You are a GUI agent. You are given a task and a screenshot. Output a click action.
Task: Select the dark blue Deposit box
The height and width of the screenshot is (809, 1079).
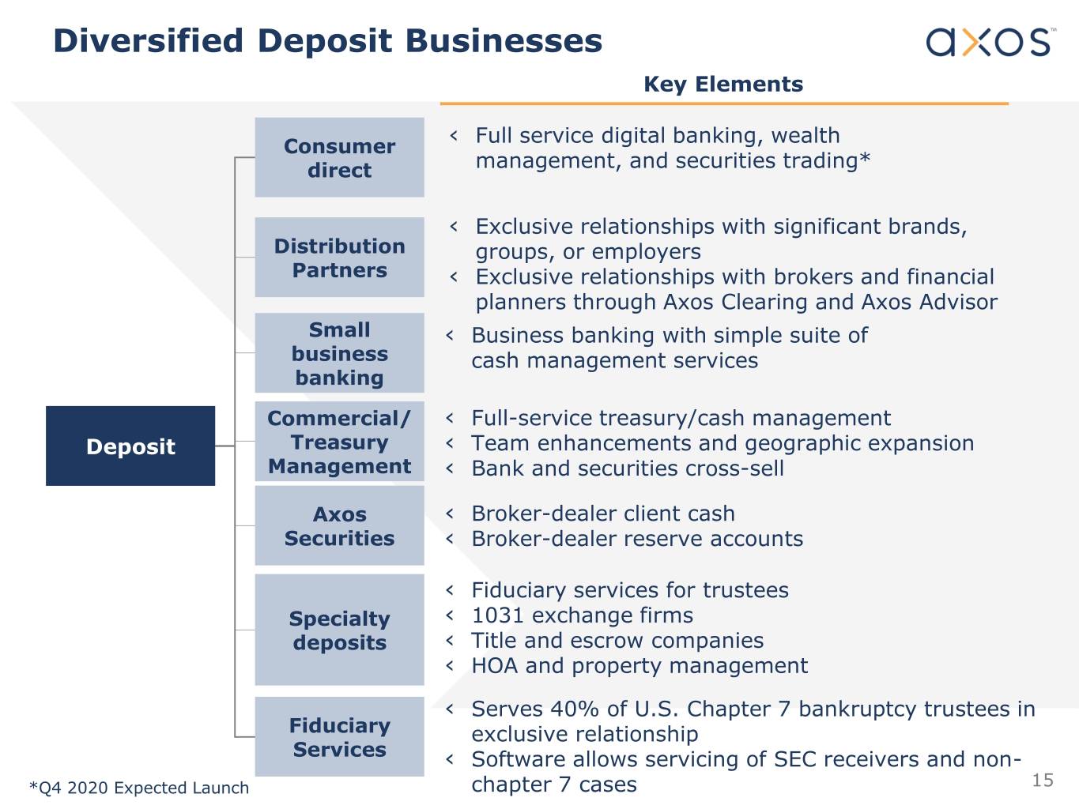pos(130,446)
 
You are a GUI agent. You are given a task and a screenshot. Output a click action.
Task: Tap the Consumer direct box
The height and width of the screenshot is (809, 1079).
pos(339,157)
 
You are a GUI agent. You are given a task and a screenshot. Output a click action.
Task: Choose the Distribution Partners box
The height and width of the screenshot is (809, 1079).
pos(339,258)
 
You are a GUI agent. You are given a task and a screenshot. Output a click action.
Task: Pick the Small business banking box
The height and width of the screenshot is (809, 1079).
pos(339,353)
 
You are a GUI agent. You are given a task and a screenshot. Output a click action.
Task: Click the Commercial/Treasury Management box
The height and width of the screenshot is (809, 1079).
pos(339,442)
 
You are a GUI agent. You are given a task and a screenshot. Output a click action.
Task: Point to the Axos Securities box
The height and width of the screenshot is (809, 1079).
pos(339,526)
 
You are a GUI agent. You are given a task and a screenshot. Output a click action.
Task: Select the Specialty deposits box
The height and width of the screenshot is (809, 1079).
pos(339,630)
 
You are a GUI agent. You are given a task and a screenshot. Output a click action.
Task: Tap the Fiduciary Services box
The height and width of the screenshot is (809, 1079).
pos(339,736)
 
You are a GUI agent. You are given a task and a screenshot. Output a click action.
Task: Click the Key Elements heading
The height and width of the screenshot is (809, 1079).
pos(723,85)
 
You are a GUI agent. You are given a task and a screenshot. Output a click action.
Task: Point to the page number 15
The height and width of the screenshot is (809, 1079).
pos(1043,781)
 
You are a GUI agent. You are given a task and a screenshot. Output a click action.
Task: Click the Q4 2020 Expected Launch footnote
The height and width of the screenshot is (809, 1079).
pos(139,788)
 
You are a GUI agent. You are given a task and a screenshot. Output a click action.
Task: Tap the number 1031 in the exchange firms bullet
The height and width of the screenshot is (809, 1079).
pos(497,615)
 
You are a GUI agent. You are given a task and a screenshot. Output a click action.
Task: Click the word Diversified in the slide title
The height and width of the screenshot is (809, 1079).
pos(148,41)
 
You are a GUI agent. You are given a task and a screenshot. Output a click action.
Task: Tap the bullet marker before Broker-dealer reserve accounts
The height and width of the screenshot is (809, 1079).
pos(450,539)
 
